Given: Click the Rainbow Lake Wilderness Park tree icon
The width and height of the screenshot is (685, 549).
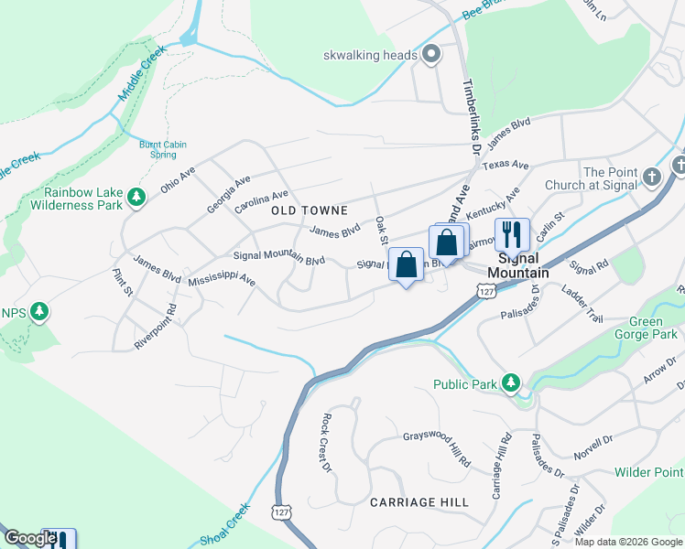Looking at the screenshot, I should [x=136, y=197].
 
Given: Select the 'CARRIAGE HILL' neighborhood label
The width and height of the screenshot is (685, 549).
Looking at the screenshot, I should [x=419, y=502].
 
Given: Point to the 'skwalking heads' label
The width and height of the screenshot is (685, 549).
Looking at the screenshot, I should [x=370, y=56].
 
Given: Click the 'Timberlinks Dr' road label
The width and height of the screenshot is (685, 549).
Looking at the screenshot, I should [x=471, y=114].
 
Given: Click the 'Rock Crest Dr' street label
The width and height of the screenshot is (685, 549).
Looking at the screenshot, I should [x=325, y=444].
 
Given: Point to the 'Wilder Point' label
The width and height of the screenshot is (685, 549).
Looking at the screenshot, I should [x=650, y=472].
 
